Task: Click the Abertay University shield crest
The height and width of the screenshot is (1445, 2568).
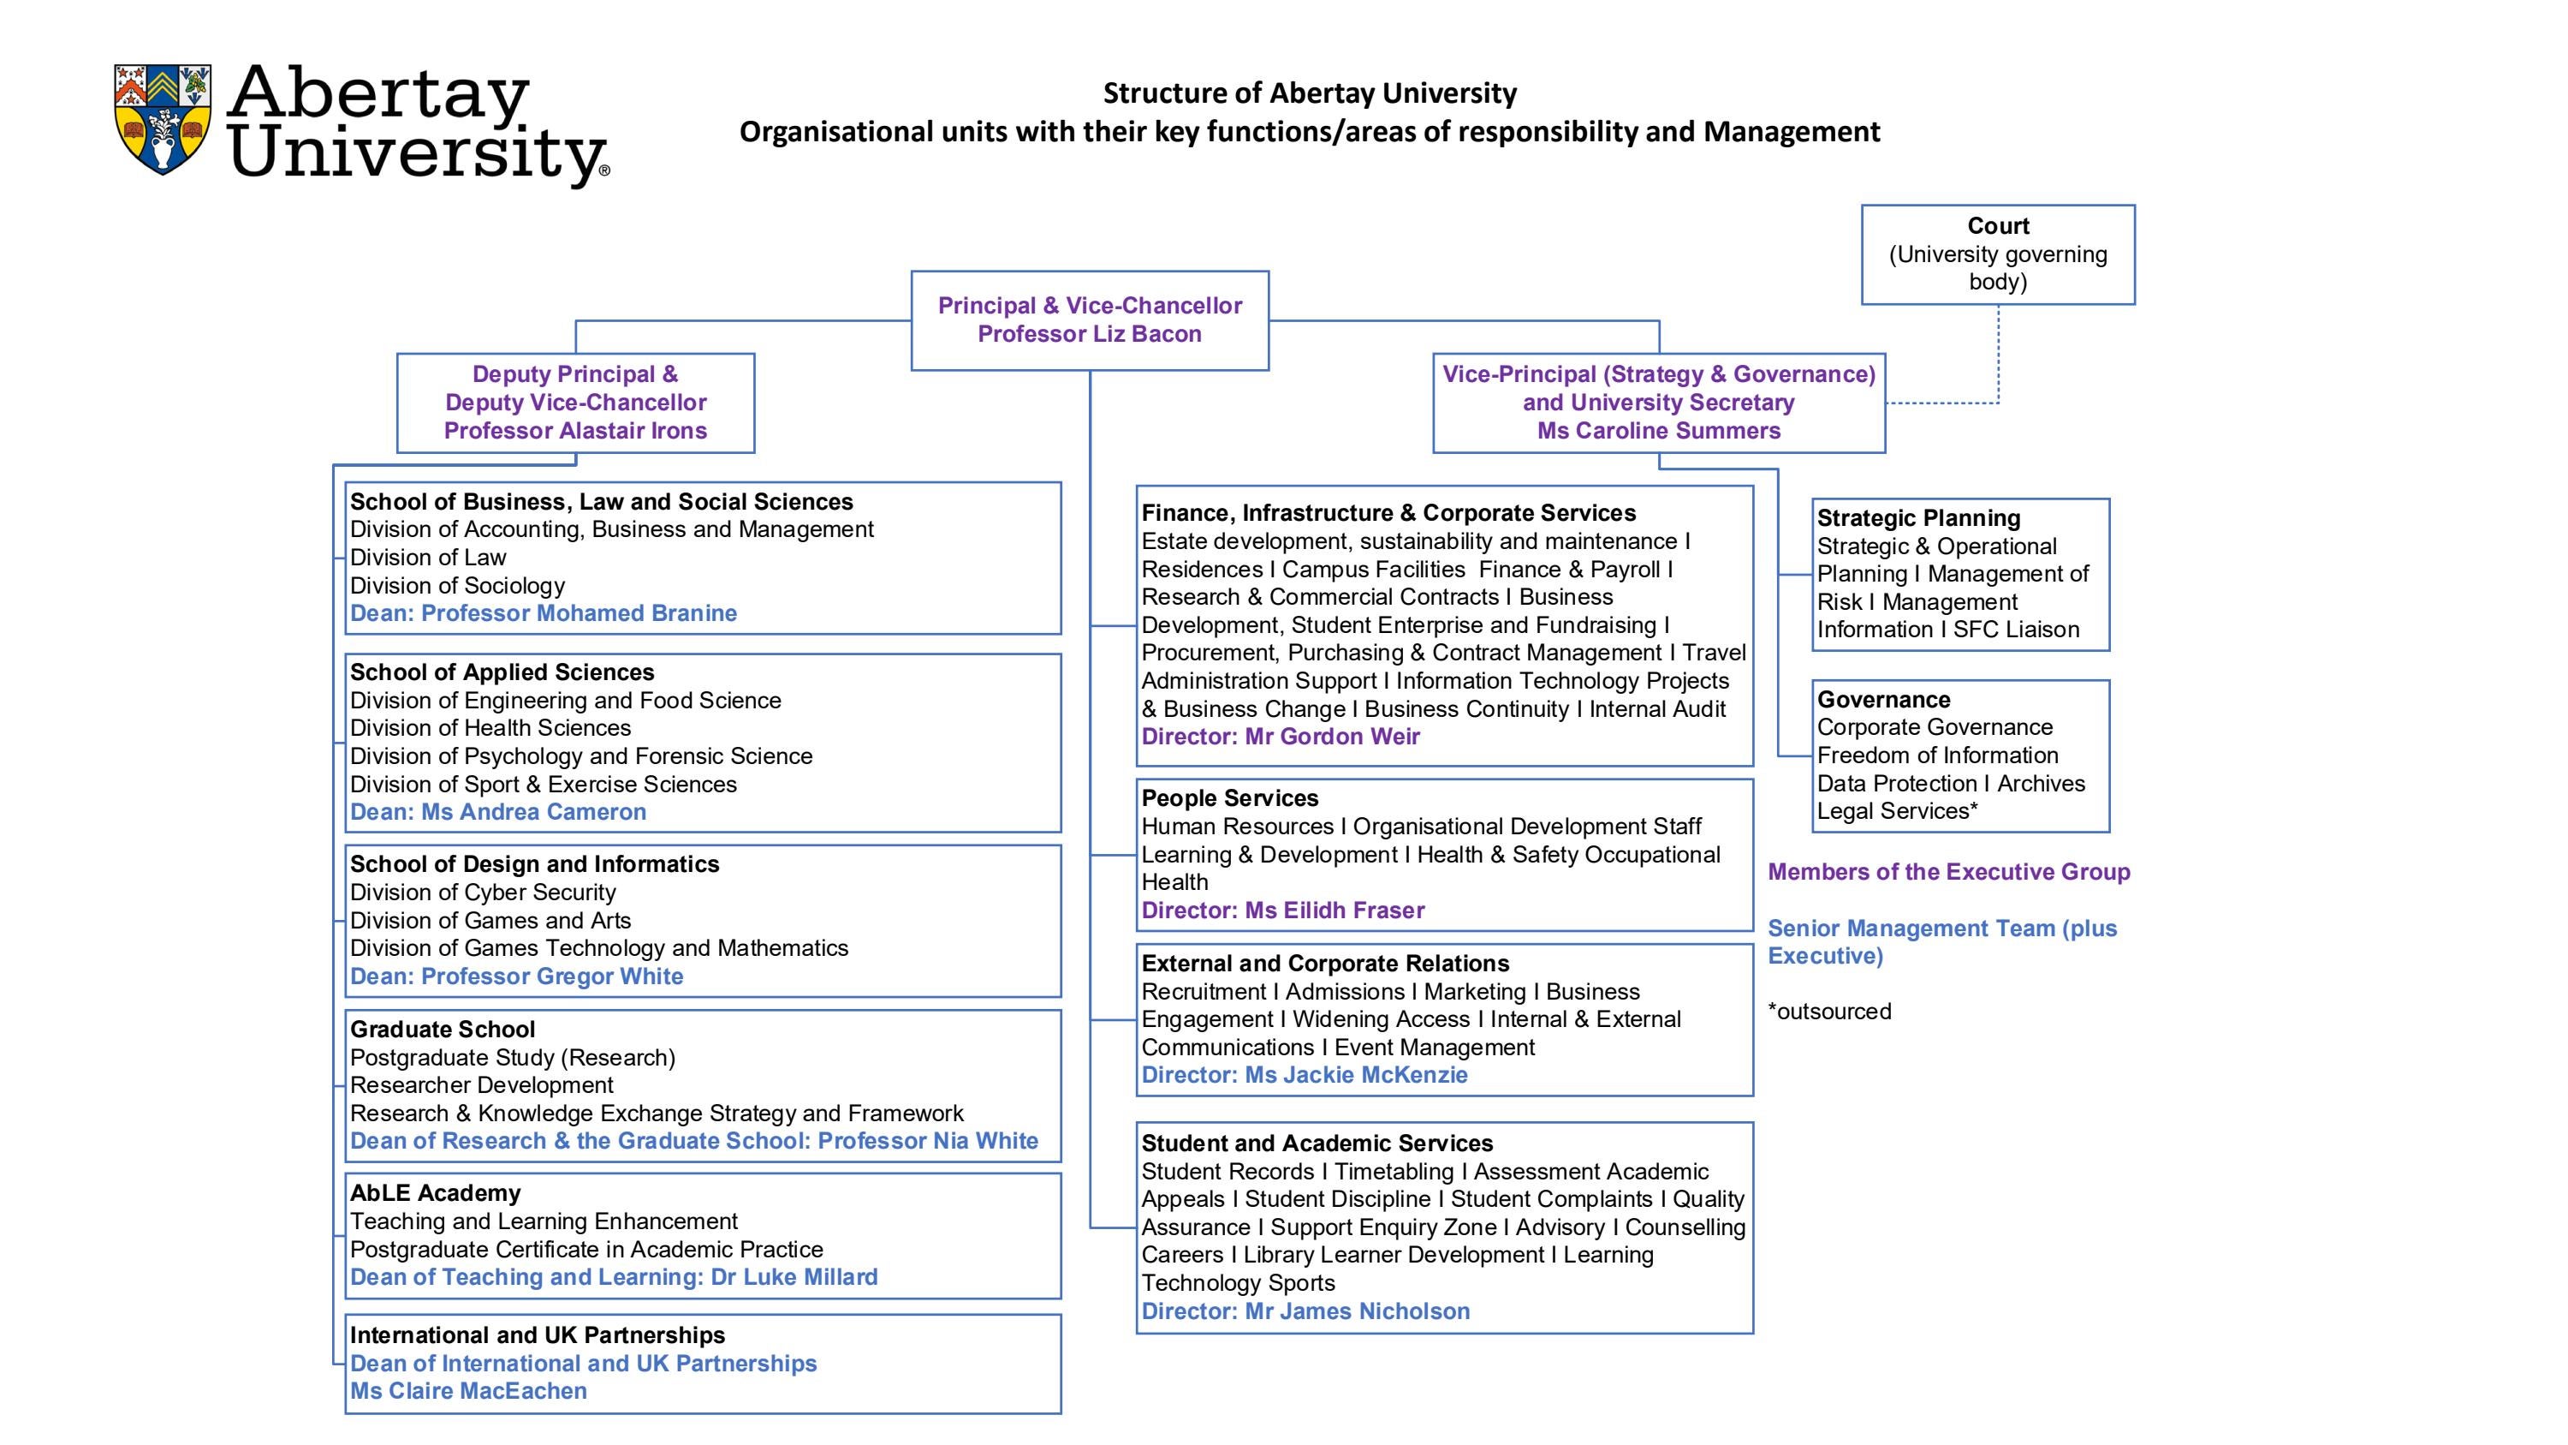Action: coord(163,119)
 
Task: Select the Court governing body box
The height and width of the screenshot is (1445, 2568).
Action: coord(1997,254)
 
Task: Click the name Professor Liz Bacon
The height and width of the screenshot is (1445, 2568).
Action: coord(1089,334)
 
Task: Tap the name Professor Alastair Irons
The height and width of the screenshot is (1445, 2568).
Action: coord(575,431)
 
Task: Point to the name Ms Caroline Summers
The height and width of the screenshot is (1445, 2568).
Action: coord(1658,431)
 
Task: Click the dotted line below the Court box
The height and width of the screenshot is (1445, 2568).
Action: coord(1998,354)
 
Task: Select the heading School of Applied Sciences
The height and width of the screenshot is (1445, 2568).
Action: coord(502,672)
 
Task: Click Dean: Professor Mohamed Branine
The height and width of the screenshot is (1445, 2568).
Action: coord(544,613)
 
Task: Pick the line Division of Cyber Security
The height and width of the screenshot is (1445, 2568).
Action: coord(483,893)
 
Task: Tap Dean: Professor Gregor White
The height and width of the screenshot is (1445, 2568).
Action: coord(516,976)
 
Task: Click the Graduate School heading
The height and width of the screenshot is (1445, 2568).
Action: coord(443,1030)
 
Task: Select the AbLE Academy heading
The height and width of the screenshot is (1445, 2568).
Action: coord(435,1192)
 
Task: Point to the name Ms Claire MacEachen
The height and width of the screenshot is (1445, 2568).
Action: coord(468,1391)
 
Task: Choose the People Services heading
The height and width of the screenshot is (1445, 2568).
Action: coord(1229,797)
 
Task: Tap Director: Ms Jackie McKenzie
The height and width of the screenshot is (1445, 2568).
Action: coord(1304,1075)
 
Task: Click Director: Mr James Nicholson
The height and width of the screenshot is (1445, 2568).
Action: coord(1305,1311)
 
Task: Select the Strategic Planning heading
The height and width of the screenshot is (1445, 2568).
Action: coord(1918,518)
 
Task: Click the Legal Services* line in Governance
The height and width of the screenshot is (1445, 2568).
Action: coord(1896,811)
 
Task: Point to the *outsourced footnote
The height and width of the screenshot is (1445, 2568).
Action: coord(1829,1012)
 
